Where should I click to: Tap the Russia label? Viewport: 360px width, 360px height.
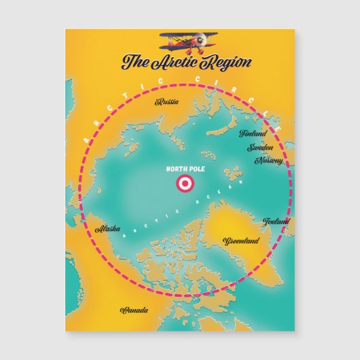pos(167,102)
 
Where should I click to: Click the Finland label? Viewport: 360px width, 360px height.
pos(253,134)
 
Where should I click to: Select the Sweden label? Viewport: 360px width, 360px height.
pos(260,147)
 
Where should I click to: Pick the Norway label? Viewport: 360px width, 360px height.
pos(268,161)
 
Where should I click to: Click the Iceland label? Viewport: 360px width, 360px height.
pos(276,221)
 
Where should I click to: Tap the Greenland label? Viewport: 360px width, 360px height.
pos(241,240)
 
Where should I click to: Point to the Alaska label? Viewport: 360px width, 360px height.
pos(109,230)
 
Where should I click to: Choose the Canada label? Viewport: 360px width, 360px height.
pos(134,310)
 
